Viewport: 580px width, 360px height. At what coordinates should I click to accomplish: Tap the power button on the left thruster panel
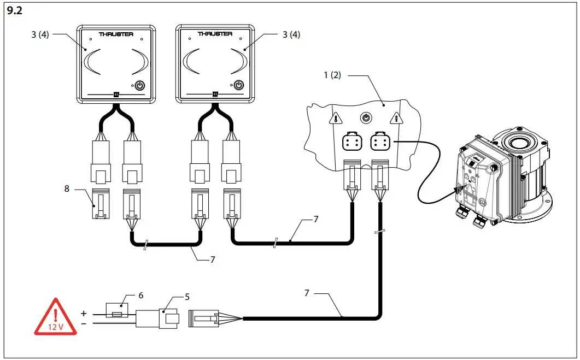point(139,85)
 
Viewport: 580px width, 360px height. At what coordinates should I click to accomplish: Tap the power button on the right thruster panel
point(238,85)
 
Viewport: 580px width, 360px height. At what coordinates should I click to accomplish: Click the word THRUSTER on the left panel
point(116,34)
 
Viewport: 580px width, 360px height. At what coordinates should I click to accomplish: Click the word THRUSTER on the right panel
point(215,34)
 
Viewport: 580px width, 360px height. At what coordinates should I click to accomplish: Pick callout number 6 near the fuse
point(140,295)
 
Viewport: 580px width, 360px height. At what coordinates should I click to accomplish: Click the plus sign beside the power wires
point(84,314)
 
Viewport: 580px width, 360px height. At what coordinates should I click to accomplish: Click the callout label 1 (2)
point(332,75)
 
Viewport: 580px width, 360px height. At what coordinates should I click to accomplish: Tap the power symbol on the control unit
point(366,117)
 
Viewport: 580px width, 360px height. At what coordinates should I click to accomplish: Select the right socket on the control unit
point(379,143)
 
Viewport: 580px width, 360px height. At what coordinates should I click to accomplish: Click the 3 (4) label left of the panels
point(40,34)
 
